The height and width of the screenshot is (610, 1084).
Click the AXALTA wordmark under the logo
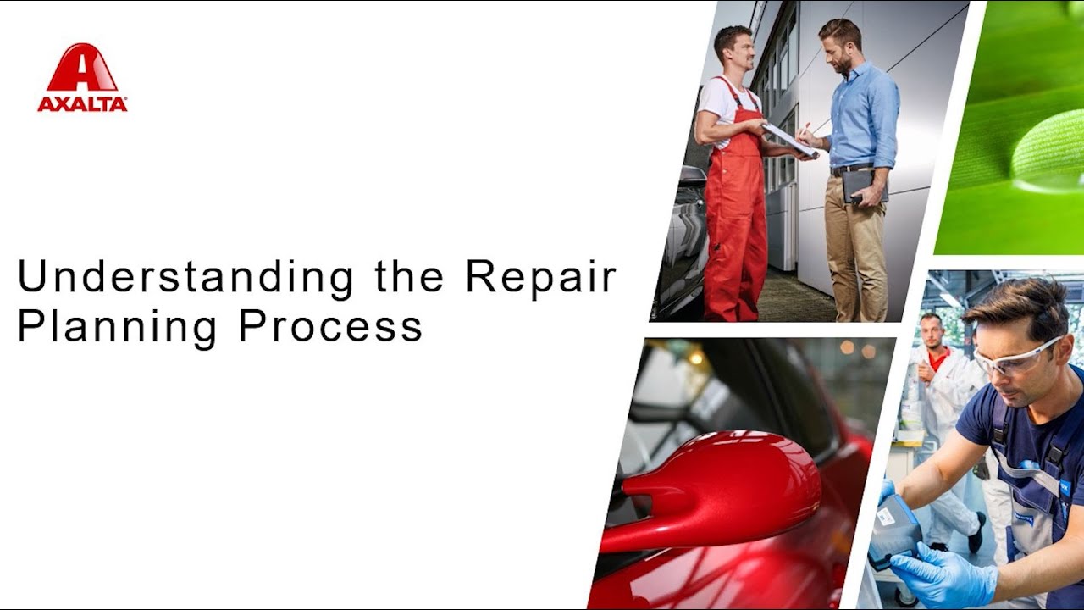point(82,104)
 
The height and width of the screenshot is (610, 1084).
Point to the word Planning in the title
point(117,326)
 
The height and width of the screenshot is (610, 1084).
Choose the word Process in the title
point(330,326)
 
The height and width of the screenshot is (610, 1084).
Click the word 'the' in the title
point(410,278)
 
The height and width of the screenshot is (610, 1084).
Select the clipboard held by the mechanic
point(789,138)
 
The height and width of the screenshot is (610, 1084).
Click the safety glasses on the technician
point(1016,357)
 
